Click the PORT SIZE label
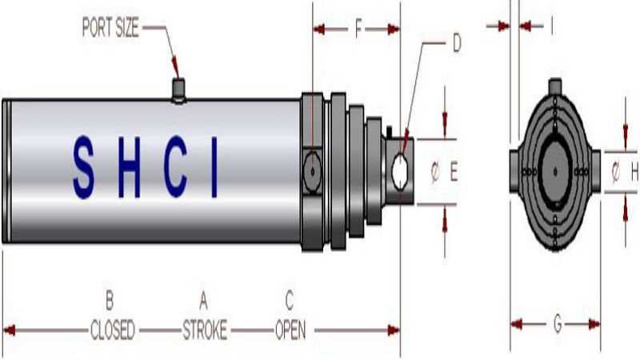(110, 29)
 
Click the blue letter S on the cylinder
(83, 167)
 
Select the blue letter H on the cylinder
(129, 167)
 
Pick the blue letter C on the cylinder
(176, 167)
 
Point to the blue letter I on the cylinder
(214, 167)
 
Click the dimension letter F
(358, 30)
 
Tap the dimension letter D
(457, 43)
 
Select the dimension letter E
(454, 170)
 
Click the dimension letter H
(634, 170)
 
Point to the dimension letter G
(556, 323)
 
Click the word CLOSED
(111, 330)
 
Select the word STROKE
(205, 330)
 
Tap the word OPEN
(291, 330)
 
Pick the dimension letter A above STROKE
(204, 301)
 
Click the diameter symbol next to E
(435, 170)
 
